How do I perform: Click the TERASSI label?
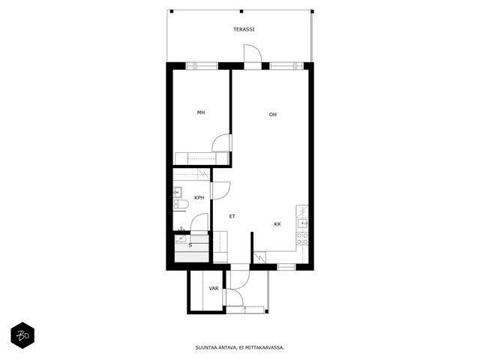244,30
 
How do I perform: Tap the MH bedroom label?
201,112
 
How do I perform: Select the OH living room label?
273,115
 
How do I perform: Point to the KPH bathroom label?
199,198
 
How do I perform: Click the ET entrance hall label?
232,217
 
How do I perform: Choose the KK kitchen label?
277,224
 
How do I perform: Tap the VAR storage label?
214,288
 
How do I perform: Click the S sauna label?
190,245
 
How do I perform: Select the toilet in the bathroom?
181,204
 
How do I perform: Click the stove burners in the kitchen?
302,238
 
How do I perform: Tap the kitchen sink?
303,223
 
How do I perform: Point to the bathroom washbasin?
178,193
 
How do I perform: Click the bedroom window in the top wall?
202,66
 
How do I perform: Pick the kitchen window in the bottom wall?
286,267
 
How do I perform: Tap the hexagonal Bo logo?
22,335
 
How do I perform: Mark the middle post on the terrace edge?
241,12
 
